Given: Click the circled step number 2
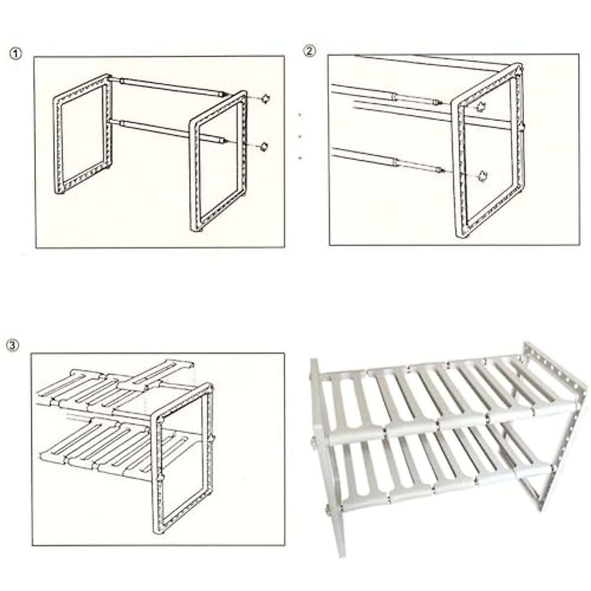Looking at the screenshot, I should pyautogui.click(x=309, y=51).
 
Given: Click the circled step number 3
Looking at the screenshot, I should pyautogui.click(x=13, y=345).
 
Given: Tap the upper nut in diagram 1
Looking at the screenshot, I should pyautogui.click(x=266, y=98).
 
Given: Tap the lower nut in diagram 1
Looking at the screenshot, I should pyautogui.click(x=264, y=146).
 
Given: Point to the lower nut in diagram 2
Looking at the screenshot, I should pyautogui.click(x=483, y=175).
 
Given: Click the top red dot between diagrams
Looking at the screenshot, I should pyautogui.click(x=300, y=115).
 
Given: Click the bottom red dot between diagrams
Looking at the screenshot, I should pyautogui.click(x=300, y=158).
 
